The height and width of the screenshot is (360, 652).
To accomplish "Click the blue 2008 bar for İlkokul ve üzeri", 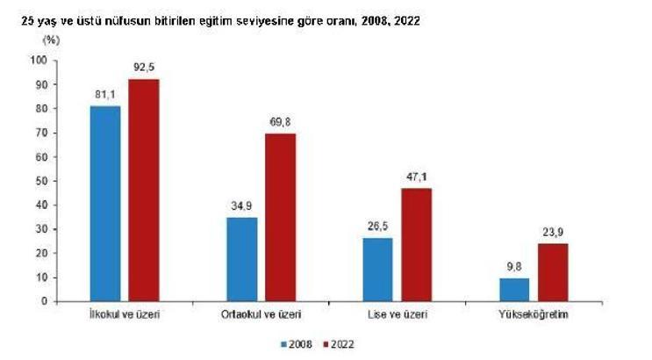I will pos(104,204).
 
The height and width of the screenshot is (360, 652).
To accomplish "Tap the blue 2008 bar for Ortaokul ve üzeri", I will pos(241,259).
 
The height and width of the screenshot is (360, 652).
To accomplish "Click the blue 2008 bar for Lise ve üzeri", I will pos(378,270).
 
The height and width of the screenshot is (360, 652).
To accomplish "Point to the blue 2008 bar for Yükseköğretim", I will pos(515,290).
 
